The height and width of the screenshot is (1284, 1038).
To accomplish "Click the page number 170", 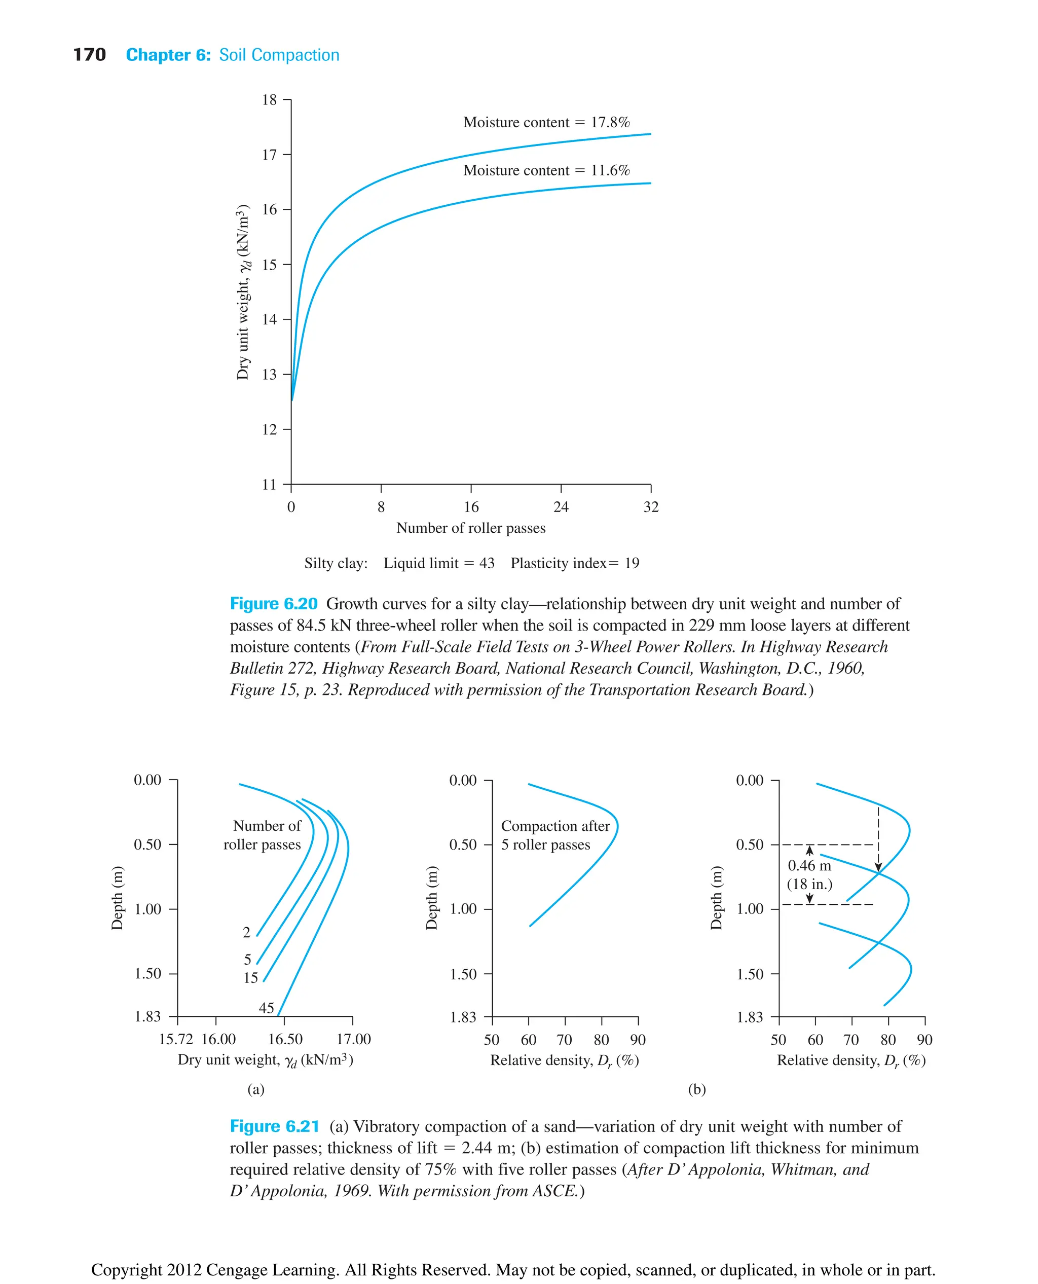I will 89,55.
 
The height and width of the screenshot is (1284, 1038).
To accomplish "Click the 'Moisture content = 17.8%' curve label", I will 546,123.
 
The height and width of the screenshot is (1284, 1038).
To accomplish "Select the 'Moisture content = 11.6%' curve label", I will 546,170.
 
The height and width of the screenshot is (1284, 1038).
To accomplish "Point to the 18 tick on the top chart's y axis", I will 270,100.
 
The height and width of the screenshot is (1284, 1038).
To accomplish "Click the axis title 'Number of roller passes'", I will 470,528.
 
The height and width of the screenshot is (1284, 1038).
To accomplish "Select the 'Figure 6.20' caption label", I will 273,604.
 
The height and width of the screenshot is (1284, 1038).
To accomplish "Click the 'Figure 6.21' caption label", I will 274,1127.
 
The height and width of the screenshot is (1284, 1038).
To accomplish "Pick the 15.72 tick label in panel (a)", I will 176,1039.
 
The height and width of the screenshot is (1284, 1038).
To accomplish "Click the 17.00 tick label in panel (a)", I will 353,1039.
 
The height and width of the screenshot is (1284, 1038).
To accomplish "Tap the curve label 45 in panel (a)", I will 266,1008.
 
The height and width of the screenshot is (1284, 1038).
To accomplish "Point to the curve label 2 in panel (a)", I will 246,932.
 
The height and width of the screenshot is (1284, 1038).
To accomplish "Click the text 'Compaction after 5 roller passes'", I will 554,835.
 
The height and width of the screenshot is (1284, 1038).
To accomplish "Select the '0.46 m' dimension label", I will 809,865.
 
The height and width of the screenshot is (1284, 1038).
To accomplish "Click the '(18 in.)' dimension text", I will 809,884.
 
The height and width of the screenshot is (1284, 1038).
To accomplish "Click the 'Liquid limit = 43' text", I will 439,563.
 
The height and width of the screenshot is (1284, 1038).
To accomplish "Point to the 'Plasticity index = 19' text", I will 575,563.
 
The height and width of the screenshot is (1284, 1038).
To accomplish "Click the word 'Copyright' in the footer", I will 127,1265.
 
